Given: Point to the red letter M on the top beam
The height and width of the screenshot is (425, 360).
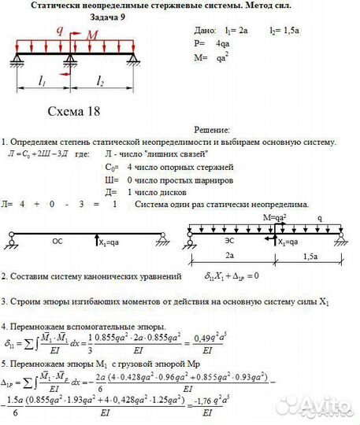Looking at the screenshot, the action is pos(93,35).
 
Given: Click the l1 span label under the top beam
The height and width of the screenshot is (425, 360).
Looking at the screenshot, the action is pos(43,81).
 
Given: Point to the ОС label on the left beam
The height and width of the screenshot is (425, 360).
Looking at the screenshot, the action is pos(58,242).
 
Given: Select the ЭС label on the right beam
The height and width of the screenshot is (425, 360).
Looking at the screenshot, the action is pos(228,242).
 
